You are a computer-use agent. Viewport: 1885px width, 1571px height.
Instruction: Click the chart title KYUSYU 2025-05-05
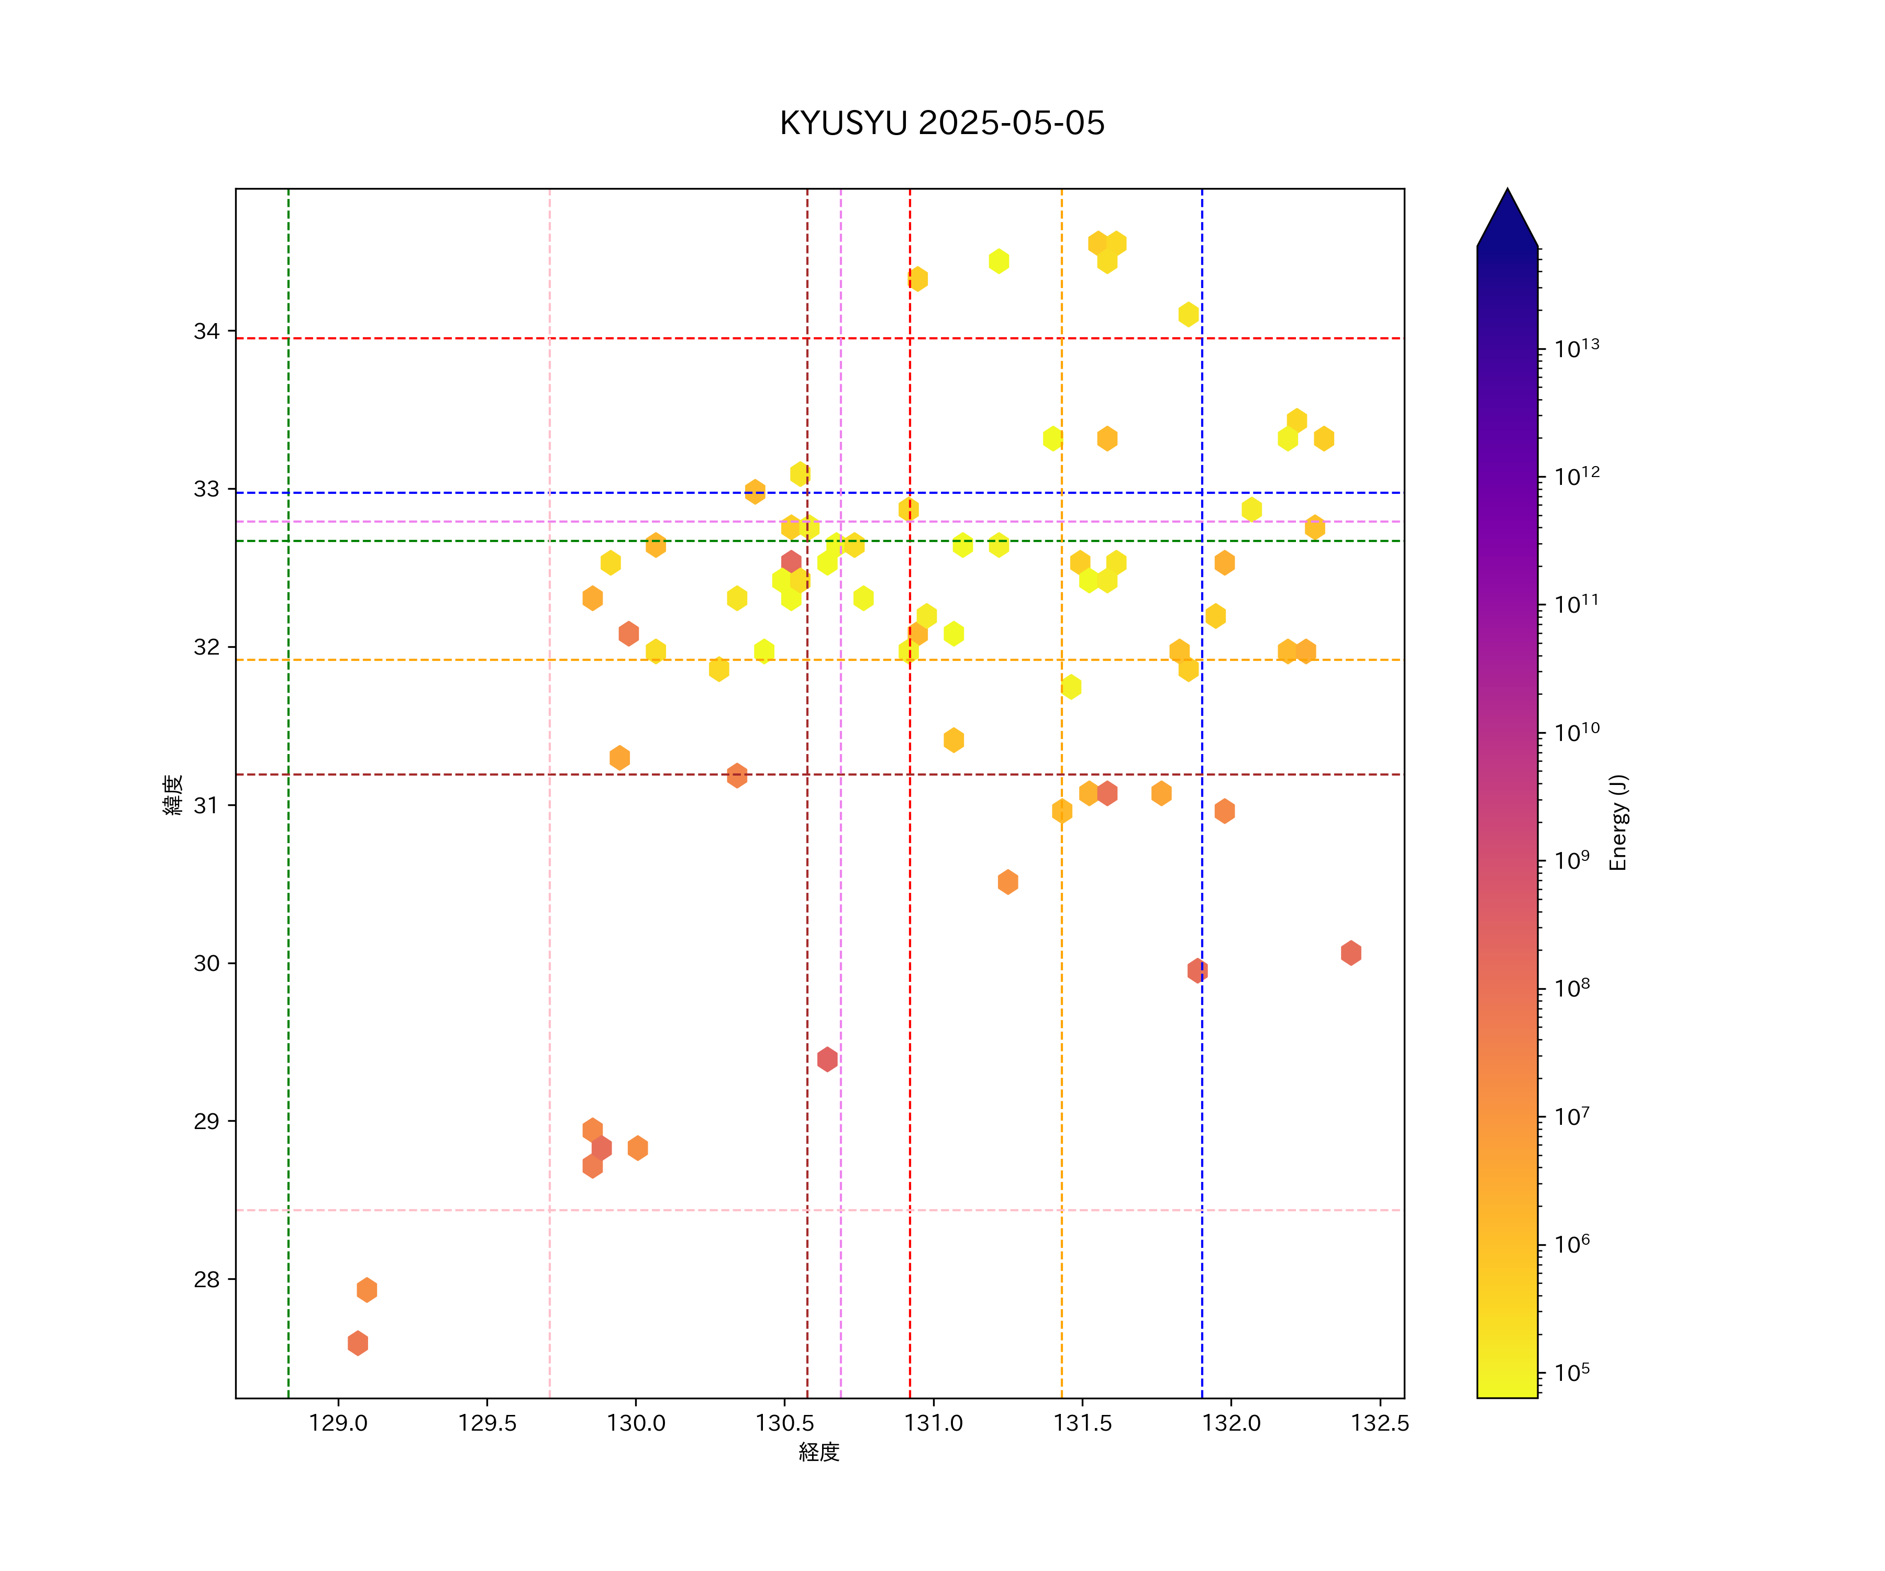pos(941,123)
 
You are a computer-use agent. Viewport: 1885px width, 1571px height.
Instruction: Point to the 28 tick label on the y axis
pos(206,1279)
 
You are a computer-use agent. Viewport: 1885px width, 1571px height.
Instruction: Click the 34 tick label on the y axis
pos(206,331)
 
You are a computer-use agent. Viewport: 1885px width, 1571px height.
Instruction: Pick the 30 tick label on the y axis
pos(206,963)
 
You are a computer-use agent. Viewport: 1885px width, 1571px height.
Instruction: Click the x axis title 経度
pos(818,1453)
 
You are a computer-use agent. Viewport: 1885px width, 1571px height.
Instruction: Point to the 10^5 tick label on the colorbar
pos(1572,1373)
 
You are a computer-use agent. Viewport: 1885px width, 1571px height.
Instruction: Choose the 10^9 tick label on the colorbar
pos(1572,860)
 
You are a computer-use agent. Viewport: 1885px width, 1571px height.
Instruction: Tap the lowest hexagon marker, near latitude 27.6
pos(357,1343)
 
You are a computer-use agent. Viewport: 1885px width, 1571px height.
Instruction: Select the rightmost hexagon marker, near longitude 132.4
pos(1351,953)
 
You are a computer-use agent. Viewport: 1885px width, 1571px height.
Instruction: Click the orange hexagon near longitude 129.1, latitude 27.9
pos(366,1290)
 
